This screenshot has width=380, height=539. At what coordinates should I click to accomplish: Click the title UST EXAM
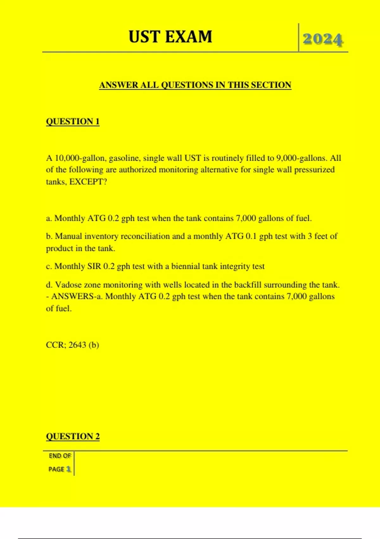pyautogui.click(x=170, y=37)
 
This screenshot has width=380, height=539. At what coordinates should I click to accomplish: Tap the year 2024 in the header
pyautogui.click(x=323, y=39)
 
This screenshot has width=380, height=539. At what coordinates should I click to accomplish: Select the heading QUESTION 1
pyautogui.click(x=73, y=121)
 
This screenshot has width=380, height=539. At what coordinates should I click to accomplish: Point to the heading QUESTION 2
pyautogui.click(x=73, y=436)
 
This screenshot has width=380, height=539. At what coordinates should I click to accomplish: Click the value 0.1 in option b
pyautogui.click(x=251, y=236)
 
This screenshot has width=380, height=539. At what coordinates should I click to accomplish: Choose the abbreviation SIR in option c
pyautogui.click(x=94, y=266)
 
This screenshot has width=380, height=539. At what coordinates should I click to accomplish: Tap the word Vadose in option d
pyautogui.click(x=68, y=285)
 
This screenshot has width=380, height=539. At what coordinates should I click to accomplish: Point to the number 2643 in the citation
pyautogui.click(x=77, y=345)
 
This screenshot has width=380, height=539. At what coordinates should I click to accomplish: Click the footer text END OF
pyautogui.click(x=60, y=456)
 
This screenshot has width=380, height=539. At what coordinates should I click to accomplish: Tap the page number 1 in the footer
pyautogui.click(x=68, y=469)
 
